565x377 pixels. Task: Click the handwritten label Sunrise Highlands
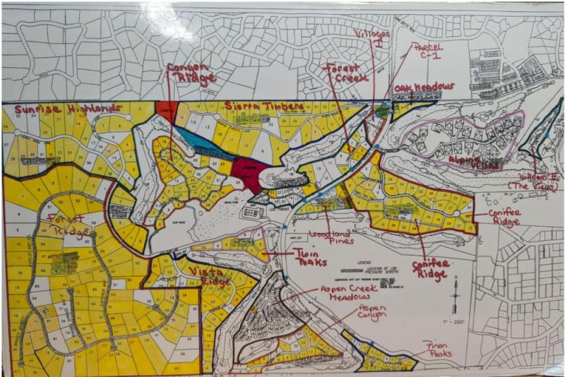click(x=63, y=109)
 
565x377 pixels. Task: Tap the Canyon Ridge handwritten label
click(x=191, y=74)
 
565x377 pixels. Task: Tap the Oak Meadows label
click(x=424, y=88)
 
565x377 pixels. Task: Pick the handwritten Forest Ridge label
click(x=67, y=225)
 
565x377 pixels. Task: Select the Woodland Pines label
click(x=331, y=238)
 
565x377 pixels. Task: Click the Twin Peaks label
click(x=311, y=257)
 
